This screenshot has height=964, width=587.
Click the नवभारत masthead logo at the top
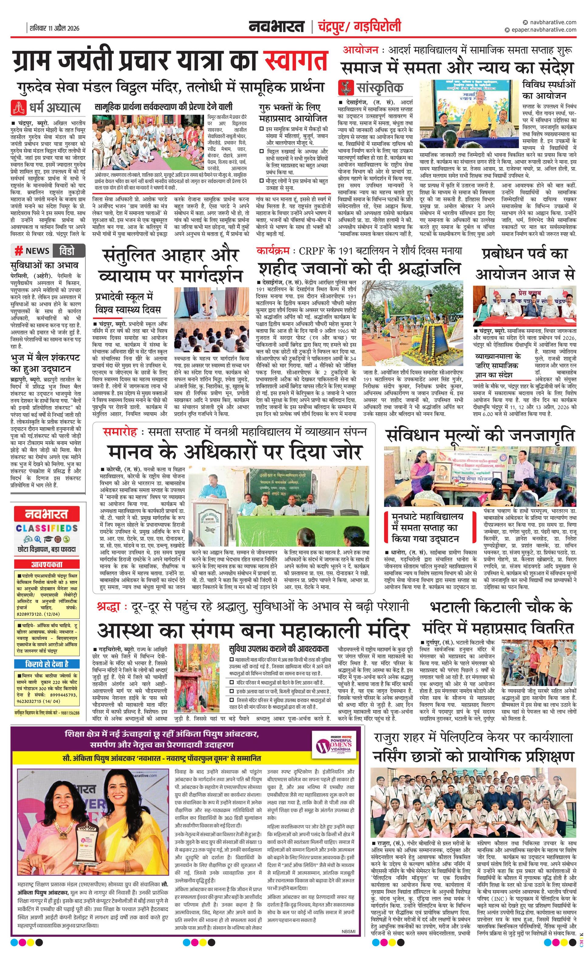276,27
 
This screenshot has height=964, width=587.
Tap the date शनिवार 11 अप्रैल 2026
54,28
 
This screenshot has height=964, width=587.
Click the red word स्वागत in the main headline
296,61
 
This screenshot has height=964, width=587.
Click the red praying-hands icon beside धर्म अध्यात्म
17,107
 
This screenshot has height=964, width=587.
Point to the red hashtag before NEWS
18,251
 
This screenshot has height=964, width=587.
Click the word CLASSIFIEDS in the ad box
46,528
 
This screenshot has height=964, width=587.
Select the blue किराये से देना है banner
46,663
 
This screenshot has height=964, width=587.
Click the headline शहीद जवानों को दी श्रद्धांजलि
359,269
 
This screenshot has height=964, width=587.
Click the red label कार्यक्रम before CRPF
273,250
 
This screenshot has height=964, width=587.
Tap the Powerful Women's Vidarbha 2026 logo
335,746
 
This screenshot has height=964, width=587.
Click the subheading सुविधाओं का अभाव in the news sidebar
44,265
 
